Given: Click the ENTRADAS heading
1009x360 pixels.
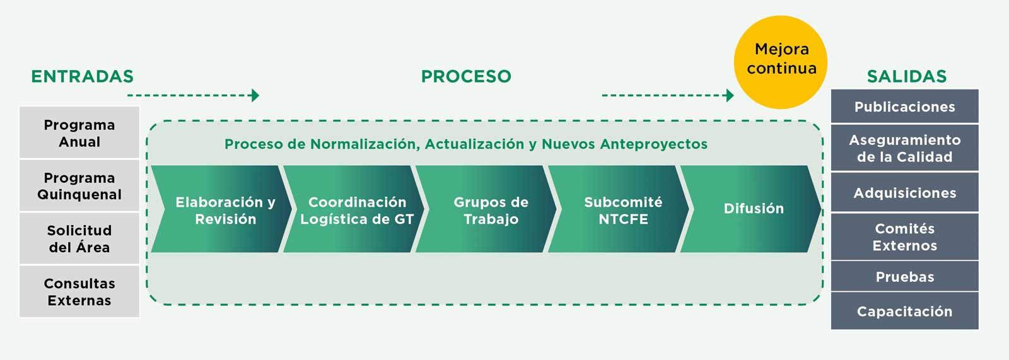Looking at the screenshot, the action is tap(83, 76).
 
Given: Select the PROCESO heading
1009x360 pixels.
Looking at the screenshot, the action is tap(466, 76).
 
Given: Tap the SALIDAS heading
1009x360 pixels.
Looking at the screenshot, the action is tap(907, 76).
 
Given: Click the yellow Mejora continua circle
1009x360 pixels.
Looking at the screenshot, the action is tap(781, 62).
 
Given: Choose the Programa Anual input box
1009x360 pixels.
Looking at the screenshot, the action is tap(79, 132).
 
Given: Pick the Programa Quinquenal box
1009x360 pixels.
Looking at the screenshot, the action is tap(79, 185).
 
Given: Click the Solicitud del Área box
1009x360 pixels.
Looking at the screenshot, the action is tap(79, 238).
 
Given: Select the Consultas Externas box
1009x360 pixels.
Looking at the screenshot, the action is tap(79, 291).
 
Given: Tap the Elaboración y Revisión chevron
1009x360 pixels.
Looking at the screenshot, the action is tap(221, 209).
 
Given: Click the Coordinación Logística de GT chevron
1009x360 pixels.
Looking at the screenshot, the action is tap(354, 209).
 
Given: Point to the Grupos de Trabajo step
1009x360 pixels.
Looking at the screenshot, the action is tap(486, 209).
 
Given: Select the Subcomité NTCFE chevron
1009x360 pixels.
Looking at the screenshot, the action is tap(619, 209).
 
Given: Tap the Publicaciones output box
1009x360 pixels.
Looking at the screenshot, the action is tap(905, 106).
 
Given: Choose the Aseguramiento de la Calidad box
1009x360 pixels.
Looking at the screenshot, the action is tap(905, 148).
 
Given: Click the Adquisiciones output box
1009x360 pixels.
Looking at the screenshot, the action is tap(905, 192).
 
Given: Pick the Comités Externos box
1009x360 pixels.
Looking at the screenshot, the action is tap(905, 236).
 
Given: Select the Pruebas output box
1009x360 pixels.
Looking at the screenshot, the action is tap(905, 276).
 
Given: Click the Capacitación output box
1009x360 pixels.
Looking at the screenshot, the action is tap(905, 311).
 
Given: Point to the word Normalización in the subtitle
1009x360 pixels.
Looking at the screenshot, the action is tap(365, 144).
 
